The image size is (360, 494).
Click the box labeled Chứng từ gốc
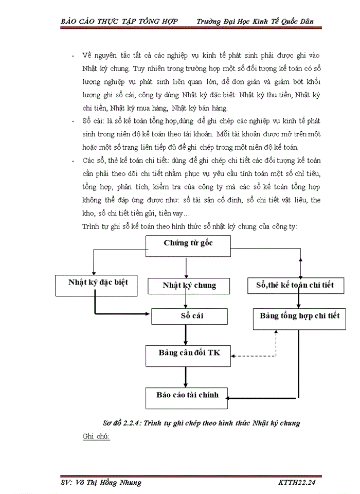[x=188, y=243]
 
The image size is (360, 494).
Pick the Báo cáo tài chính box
[x=187, y=396]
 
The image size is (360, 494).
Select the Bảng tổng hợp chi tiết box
[x=299, y=316]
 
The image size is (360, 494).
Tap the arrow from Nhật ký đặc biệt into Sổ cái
[x=123, y=312]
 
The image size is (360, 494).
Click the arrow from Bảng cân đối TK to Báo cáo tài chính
[x=186, y=375]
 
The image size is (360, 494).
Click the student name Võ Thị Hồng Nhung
[x=111, y=483]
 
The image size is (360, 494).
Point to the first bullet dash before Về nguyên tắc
[x=74, y=55]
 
